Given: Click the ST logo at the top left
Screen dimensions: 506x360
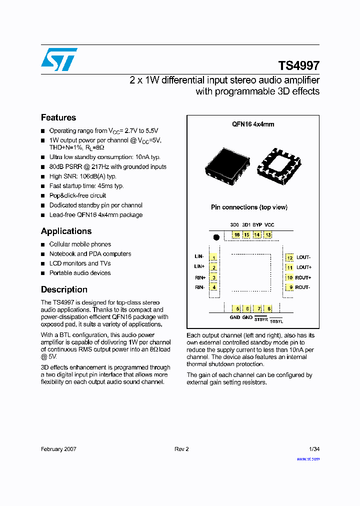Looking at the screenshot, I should click(x=59, y=59).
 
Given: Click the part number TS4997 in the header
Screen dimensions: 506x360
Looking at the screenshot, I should click(x=298, y=66).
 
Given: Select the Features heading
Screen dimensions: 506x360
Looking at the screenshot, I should click(x=58, y=117).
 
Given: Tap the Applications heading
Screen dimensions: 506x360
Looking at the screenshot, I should click(x=66, y=231).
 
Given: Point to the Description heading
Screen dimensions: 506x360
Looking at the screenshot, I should click(x=64, y=289).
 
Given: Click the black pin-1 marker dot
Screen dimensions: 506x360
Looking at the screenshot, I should click(x=216, y=237).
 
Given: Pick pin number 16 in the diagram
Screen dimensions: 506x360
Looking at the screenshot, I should click(x=236, y=234).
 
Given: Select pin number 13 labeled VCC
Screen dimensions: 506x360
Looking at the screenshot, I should click(x=268, y=234).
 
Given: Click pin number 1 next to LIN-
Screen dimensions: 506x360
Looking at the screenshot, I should click(x=213, y=257).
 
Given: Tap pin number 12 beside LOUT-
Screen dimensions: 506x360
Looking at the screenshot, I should click(x=289, y=257).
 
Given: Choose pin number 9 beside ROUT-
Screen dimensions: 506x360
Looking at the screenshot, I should click(x=289, y=287).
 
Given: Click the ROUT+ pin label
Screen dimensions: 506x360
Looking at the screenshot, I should click(x=303, y=277).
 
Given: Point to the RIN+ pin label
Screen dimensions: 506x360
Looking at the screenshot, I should click(x=199, y=277).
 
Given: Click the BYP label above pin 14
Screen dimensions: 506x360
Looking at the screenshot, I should click(x=257, y=224).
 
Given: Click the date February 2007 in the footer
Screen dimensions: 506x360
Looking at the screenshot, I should click(x=58, y=449).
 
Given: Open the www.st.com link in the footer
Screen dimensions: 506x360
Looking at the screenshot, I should click(x=308, y=458).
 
